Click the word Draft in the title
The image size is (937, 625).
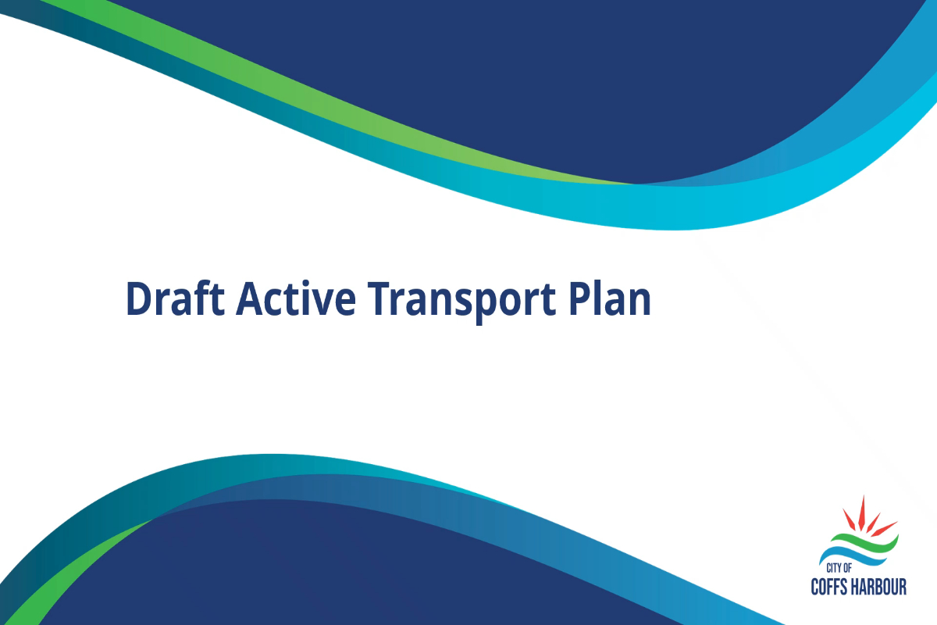tap(175, 298)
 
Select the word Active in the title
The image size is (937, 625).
tap(296, 298)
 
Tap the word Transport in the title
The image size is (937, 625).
tap(461, 302)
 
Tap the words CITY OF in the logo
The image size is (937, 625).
tap(839, 568)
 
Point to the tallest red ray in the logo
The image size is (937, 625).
tap(862, 512)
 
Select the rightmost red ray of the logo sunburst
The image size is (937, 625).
tap(884, 529)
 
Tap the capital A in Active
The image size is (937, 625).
tap(251, 299)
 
